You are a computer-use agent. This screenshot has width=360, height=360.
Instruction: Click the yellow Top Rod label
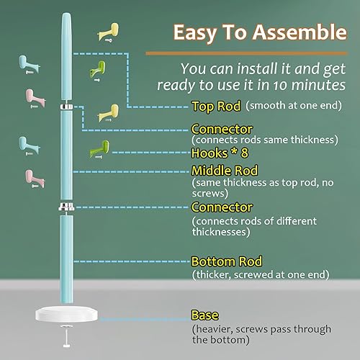pyautogui.click(x=216, y=107)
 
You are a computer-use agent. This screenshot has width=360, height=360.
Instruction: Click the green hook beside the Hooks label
pyautogui.click(x=99, y=150)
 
